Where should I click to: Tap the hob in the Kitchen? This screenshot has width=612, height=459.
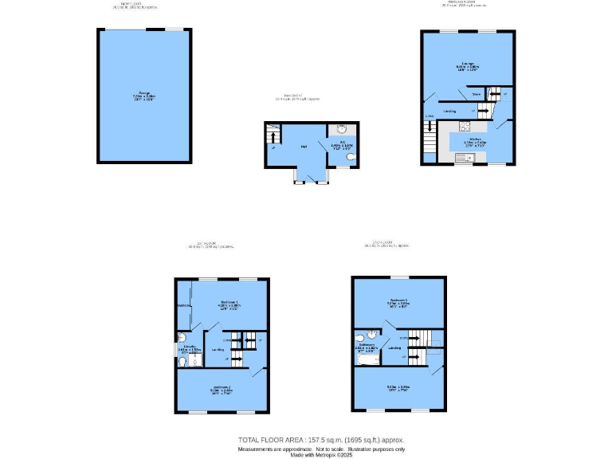click(x=462, y=125)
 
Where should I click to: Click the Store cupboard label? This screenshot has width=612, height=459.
click(x=476, y=94)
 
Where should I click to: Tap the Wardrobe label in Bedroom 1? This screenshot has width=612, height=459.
click(x=182, y=305)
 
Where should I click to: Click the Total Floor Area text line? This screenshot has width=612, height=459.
click(x=321, y=439)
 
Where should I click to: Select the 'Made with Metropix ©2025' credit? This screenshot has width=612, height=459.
click(x=321, y=455)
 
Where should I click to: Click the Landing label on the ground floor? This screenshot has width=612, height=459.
click(x=450, y=111)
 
